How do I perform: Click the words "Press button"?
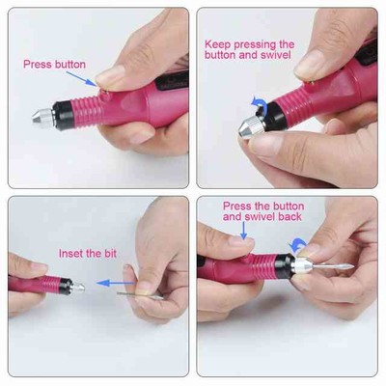point(54,65)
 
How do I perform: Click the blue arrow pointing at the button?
point(81,79)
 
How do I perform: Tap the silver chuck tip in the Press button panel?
point(42,117)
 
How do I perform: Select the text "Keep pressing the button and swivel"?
point(249,49)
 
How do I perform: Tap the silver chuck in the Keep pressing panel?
point(252,126)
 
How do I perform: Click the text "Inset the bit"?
point(87,254)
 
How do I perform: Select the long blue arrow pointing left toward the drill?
point(115,283)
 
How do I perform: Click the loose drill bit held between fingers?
point(140,296)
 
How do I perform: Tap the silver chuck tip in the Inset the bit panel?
point(78,288)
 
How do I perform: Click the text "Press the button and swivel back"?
point(262,211)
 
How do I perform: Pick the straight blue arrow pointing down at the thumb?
point(244,231)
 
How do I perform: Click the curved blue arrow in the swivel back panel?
point(296,246)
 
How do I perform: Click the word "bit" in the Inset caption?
point(109,254)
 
